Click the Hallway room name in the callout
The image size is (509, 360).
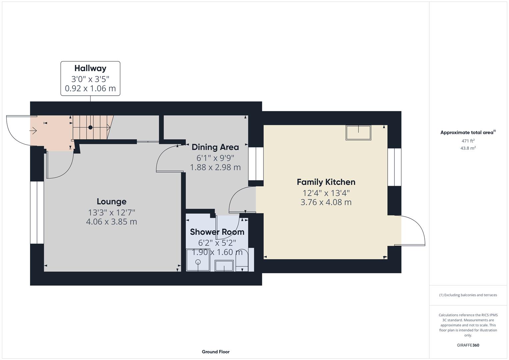click(x=90, y=68)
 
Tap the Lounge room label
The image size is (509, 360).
click(x=111, y=201)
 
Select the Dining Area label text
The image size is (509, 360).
click(x=215, y=147)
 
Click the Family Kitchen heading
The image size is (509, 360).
click(x=326, y=182)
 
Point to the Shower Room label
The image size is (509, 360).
click(x=217, y=232)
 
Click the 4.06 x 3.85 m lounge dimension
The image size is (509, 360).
click(x=111, y=222)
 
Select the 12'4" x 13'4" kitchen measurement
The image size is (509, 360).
click(x=326, y=193)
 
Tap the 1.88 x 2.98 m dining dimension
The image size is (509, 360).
click(x=215, y=167)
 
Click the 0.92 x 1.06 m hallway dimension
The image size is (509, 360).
click(x=90, y=88)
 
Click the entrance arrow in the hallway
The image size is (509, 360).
click(x=33, y=131)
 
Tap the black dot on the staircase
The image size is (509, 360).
click(x=90, y=127)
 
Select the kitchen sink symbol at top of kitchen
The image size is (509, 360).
click(x=358, y=132)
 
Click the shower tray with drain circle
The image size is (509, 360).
click(x=198, y=260)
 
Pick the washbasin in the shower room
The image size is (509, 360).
click(x=224, y=266)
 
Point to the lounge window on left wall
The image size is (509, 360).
click(x=37, y=212)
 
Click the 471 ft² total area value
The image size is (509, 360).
click(x=468, y=141)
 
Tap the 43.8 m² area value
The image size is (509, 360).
click(x=468, y=148)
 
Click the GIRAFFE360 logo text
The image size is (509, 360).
click(x=468, y=345)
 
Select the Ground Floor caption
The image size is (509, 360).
click(x=215, y=352)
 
